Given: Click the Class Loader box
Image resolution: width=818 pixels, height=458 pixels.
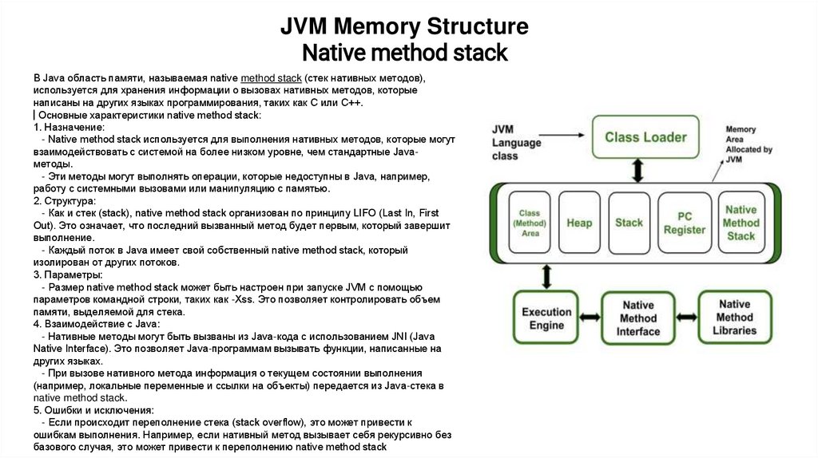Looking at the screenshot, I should click(x=645, y=137).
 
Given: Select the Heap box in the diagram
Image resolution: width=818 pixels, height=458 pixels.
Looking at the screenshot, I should click(x=579, y=223).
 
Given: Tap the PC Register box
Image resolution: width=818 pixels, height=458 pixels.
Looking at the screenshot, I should click(x=685, y=223).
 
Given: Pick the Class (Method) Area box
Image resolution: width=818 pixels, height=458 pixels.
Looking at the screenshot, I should click(x=530, y=223).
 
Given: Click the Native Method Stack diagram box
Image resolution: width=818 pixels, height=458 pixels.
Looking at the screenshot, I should click(x=741, y=223).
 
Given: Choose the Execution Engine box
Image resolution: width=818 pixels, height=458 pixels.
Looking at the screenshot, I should click(x=546, y=318).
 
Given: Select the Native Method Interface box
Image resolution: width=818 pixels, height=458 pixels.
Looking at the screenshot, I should click(x=638, y=318).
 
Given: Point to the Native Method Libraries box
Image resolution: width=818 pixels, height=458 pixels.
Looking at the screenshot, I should click(x=735, y=317).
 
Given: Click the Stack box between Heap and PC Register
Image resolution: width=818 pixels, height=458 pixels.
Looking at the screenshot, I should click(x=629, y=223).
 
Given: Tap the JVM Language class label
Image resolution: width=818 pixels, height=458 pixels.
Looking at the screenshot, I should click(x=515, y=143).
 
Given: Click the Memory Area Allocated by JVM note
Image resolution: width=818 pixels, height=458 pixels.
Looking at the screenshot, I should click(x=748, y=144).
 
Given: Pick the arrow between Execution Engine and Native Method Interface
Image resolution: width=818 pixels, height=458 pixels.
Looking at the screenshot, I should click(x=589, y=318).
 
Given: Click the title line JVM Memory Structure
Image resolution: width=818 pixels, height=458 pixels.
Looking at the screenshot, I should click(x=403, y=27).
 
